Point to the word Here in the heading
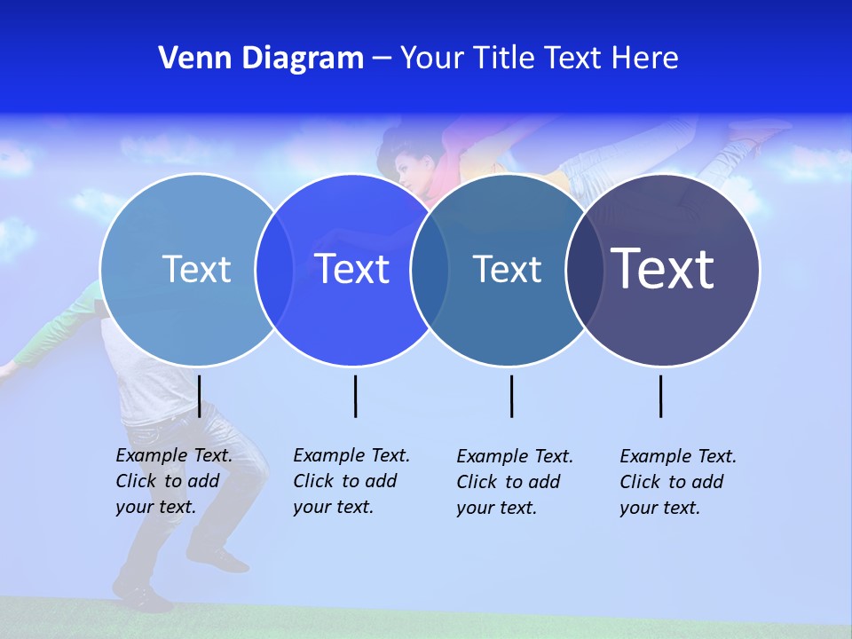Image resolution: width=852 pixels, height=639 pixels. coord(645,59)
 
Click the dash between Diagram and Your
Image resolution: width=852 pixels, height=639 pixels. coord(382,59)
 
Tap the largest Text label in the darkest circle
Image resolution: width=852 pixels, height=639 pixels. coord(663,269)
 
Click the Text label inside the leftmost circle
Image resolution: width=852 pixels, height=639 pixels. coord(196,269)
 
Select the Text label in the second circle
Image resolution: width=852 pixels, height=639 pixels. coord(352,269)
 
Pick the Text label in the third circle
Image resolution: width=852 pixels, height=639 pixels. coord(507,269)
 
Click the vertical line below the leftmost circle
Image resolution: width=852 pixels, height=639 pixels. coord(200,396)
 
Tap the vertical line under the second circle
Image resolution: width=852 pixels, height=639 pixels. coord(355,396)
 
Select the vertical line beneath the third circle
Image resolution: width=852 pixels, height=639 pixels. coord(511,396)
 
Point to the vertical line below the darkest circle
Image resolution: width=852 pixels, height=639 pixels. coord(660,396)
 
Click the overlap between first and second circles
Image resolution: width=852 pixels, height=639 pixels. coord(274,270)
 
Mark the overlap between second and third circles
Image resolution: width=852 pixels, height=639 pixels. coord(430,270)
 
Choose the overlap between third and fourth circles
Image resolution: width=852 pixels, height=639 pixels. coord(584,270)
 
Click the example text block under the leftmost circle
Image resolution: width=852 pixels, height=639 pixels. coord(174,481)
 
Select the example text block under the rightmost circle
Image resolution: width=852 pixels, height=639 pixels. coord(678,482)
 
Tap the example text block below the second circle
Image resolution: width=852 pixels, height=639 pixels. coord(351,481)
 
